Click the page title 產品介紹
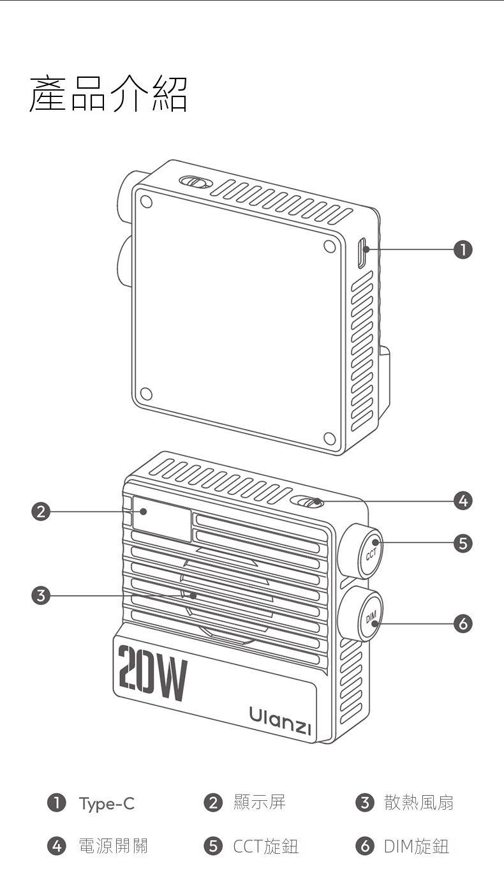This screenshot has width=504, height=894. tap(108, 94)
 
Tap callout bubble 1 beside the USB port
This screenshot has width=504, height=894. tap(463, 250)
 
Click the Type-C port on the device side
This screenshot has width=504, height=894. tap(362, 253)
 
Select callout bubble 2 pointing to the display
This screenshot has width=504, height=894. tap(41, 512)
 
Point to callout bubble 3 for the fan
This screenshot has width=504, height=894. tap(41, 596)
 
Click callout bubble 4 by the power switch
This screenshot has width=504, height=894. tap(463, 500)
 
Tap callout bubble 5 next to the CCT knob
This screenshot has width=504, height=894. tap(463, 543)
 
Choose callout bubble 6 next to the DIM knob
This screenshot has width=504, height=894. tap(463, 623)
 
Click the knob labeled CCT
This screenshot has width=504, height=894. tap(361, 551)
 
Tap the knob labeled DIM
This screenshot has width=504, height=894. tap(361, 614)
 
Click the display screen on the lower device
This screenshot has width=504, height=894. tap(161, 518)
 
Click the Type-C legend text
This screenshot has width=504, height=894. tap(107, 803)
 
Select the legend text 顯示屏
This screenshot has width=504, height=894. tap(260, 802)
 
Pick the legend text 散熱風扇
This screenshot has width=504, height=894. tap(419, 802)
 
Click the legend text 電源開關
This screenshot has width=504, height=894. tap(114, 846)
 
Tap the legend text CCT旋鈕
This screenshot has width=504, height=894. tap(266, 846)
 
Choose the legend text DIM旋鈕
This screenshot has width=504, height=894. tap(417, 846)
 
